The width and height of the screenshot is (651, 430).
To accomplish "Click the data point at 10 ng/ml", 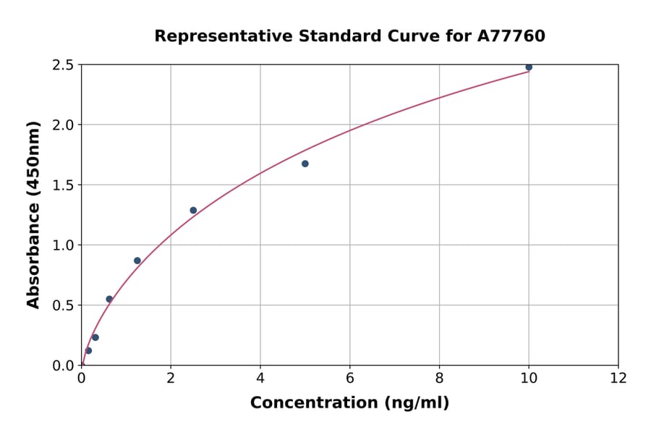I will (x=529, y=67).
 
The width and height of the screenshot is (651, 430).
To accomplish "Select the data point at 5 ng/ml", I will (x=305, y=164).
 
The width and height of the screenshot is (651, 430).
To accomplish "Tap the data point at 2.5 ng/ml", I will (x=193, y=211).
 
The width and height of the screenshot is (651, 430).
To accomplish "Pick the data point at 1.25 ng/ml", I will (x=137, y=261).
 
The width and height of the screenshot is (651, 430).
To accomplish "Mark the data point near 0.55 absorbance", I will (x=109, y=299).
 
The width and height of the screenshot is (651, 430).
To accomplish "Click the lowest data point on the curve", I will (x=88, y=350).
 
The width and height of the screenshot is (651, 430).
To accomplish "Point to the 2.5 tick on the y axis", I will (x=63, y=65).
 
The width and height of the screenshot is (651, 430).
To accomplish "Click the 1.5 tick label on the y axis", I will (x=63, y=185).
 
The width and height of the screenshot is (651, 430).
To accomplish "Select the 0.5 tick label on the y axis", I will (x=63, y=305).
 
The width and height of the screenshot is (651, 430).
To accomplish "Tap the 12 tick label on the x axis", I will (x=618, y=378).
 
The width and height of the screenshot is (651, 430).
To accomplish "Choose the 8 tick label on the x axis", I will (x=439, y=378).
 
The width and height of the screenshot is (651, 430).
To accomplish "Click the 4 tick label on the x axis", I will (x=260, y=378).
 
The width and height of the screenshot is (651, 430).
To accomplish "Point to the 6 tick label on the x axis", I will (x=350, y=378).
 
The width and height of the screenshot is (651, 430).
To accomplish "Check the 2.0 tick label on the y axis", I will (x=63, y=125).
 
